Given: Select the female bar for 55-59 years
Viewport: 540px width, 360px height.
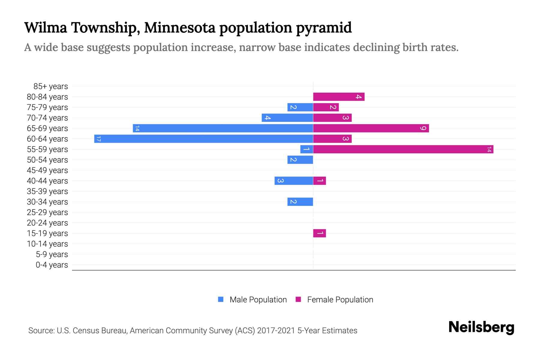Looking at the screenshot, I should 403,149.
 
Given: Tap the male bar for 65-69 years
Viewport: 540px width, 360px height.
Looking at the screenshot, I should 223,128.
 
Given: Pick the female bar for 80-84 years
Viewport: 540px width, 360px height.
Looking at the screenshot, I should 338,97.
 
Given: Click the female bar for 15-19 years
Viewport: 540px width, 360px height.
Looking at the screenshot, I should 319,233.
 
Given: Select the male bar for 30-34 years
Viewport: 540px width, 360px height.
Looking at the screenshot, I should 300,202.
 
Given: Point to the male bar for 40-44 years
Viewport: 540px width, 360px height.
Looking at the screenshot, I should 293,181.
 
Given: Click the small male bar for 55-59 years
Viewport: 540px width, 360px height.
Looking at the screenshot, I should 307,149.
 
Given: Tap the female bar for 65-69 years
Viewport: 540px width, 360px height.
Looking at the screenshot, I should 371,128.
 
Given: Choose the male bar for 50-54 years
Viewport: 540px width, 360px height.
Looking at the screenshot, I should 300,160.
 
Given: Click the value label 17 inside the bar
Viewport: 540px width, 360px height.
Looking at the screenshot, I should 99,139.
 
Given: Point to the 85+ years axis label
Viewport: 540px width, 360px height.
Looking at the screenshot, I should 51,86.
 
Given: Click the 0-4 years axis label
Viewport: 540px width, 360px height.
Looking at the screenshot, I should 52,265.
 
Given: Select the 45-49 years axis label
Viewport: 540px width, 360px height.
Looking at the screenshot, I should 47,170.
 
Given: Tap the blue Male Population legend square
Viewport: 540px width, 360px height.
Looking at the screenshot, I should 221,299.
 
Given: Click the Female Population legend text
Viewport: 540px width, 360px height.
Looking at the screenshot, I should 340,300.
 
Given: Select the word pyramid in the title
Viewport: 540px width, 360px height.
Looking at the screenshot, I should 324,28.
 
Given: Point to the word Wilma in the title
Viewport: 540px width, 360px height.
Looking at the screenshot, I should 46,28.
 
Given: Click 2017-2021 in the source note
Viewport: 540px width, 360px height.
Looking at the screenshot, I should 276,331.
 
